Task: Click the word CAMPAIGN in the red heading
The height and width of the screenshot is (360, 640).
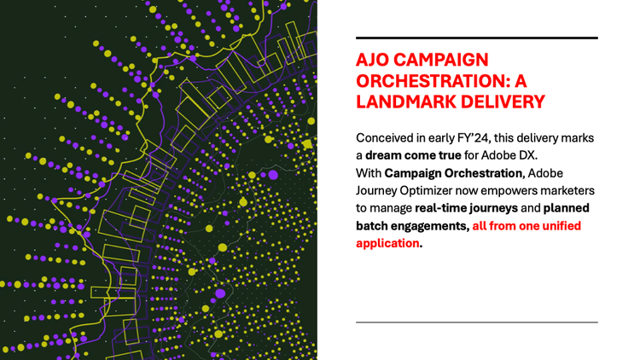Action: pos(441,60)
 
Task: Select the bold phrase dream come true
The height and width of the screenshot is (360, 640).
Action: pos(413,155)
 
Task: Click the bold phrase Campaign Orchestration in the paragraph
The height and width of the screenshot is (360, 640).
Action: pos(453,173)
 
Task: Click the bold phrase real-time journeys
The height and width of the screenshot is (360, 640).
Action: pos(466,208)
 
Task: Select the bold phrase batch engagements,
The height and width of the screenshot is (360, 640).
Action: pos(413,226)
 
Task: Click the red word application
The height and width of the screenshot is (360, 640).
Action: pos(387,243)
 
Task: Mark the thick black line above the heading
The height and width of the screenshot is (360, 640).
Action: pos(477,38)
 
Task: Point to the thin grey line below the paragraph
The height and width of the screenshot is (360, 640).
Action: pos(477,322)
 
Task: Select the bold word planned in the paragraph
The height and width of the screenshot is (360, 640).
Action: pos(567,208)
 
